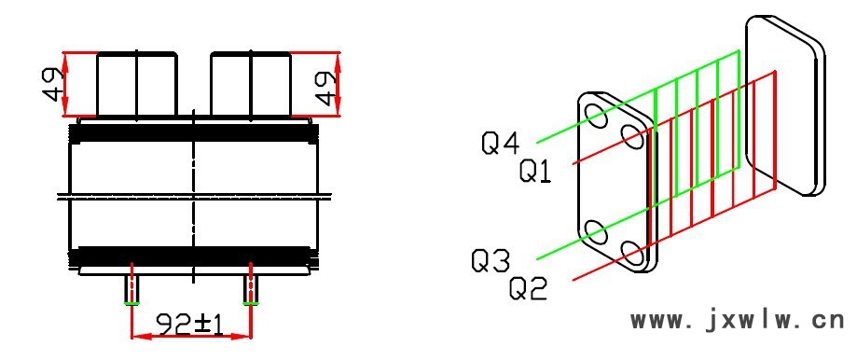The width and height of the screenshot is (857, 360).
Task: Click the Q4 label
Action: (500, 143)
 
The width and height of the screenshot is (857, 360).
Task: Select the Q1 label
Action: (535, 171)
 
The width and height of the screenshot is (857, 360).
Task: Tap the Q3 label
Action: (491, 260)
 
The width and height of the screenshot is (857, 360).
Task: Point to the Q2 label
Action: (528, 288)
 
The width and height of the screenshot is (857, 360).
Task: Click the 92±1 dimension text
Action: (190, 325)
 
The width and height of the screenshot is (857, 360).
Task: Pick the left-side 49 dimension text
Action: (53, 85)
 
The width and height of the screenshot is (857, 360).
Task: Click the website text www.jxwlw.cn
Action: (738, 321)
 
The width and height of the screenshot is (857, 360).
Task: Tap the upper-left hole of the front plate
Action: (596, 117)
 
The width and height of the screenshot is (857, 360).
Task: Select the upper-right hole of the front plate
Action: (633, 136)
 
